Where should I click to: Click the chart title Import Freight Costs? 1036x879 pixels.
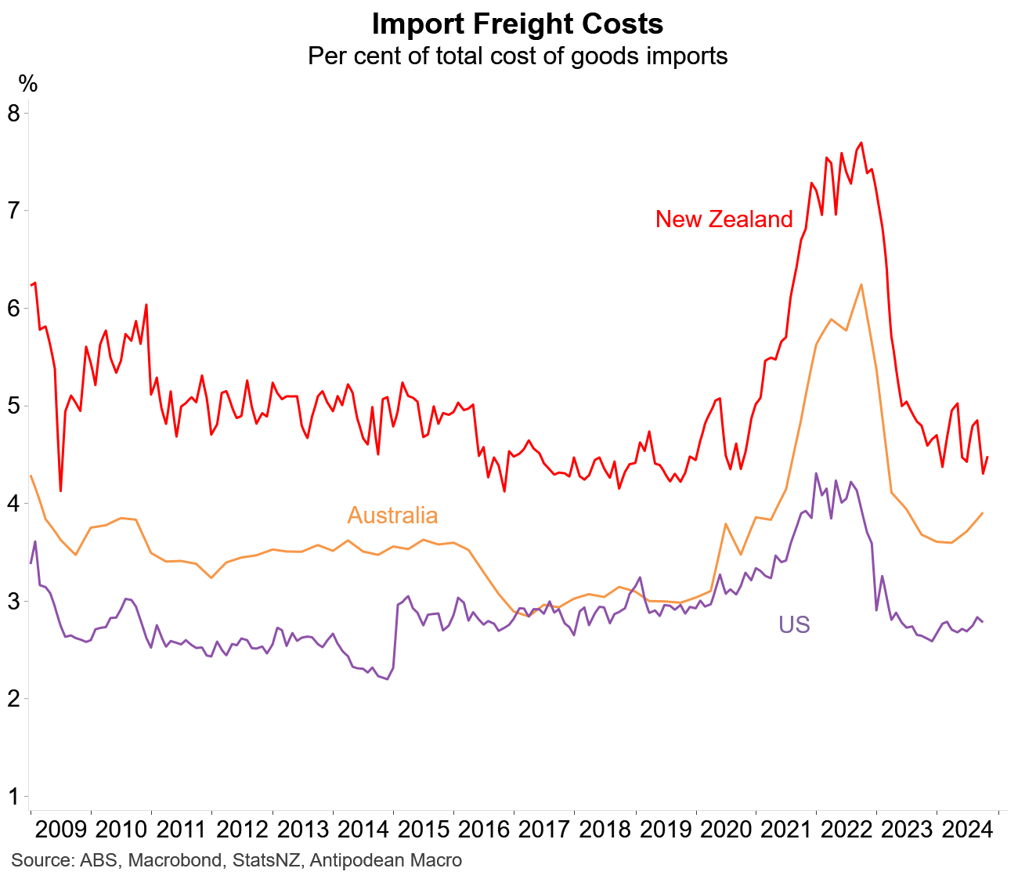pyautogui.click(x=517, y=24)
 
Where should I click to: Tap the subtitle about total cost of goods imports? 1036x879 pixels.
pyautogui.click(x=517, y=56)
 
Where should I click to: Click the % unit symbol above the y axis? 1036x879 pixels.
pyautogui.click(x=27, y=84)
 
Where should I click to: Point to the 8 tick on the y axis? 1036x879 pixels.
pyautogui.click(x=13, y=113)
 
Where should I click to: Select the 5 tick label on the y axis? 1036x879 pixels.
pyautogui.click(x=13, y=406)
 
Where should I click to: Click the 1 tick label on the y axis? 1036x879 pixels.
pyautogui.click(x=13, y=797)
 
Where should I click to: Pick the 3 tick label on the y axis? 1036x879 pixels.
pyautogui.click(x=13, y=602)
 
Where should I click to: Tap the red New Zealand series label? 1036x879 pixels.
pyautogui.click(x=724, y=219)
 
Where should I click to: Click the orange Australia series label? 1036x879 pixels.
pyautogui.click(x=392, y=515)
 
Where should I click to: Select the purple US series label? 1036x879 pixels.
pyautogui.click(x=794, y=625)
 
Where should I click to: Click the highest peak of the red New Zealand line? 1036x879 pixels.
pyautogui.click(x=861, y=143)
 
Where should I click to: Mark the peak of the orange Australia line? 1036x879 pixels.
pyautogui.click(x=861, y=284)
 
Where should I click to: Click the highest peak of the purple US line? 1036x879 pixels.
pyautogui.click(x=816, y=473)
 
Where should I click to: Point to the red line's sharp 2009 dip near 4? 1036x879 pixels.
pyautogui.click(x=60, y=490)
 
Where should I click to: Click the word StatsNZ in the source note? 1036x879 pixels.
pyautogui.click(x=264, y=861)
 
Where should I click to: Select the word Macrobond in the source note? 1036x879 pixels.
pyautogui.click(x=175, y=861)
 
